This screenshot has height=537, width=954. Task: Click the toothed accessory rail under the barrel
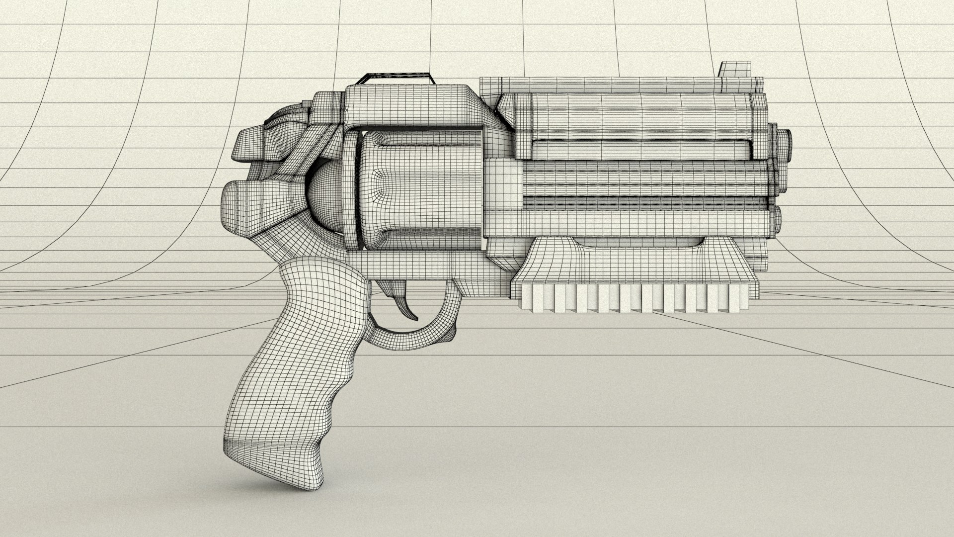tap(631, 298)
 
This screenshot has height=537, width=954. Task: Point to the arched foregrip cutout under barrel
tap(641, 243)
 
